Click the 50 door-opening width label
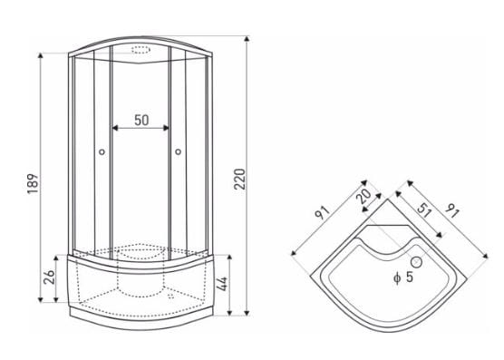(141, 120)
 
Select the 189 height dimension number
(33, 183)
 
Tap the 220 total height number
(240, 179)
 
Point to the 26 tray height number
(49, 277)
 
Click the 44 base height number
(222, 284)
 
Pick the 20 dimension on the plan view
(365, 197)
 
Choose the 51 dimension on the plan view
(424, 209)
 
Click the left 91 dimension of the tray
(323, 213)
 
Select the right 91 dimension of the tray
(452, 210)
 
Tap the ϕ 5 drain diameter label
(403, 277)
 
